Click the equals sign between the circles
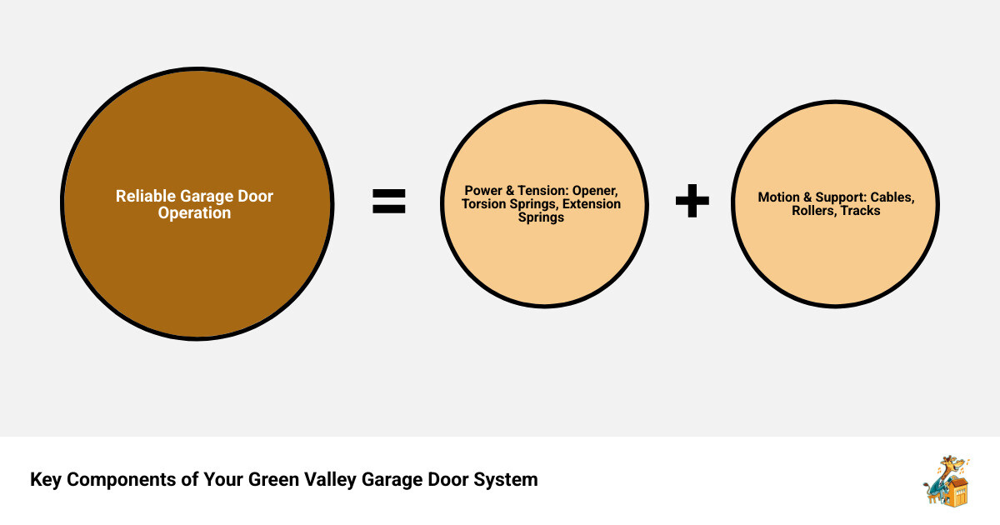point(388,201)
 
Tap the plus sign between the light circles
point(692,202)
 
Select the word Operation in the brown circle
point(194,212)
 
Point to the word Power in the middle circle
point(483,191)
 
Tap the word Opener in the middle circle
point(595,191)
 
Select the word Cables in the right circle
point(892,197)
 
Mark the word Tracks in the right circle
point(860,211)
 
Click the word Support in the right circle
point(839,197)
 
